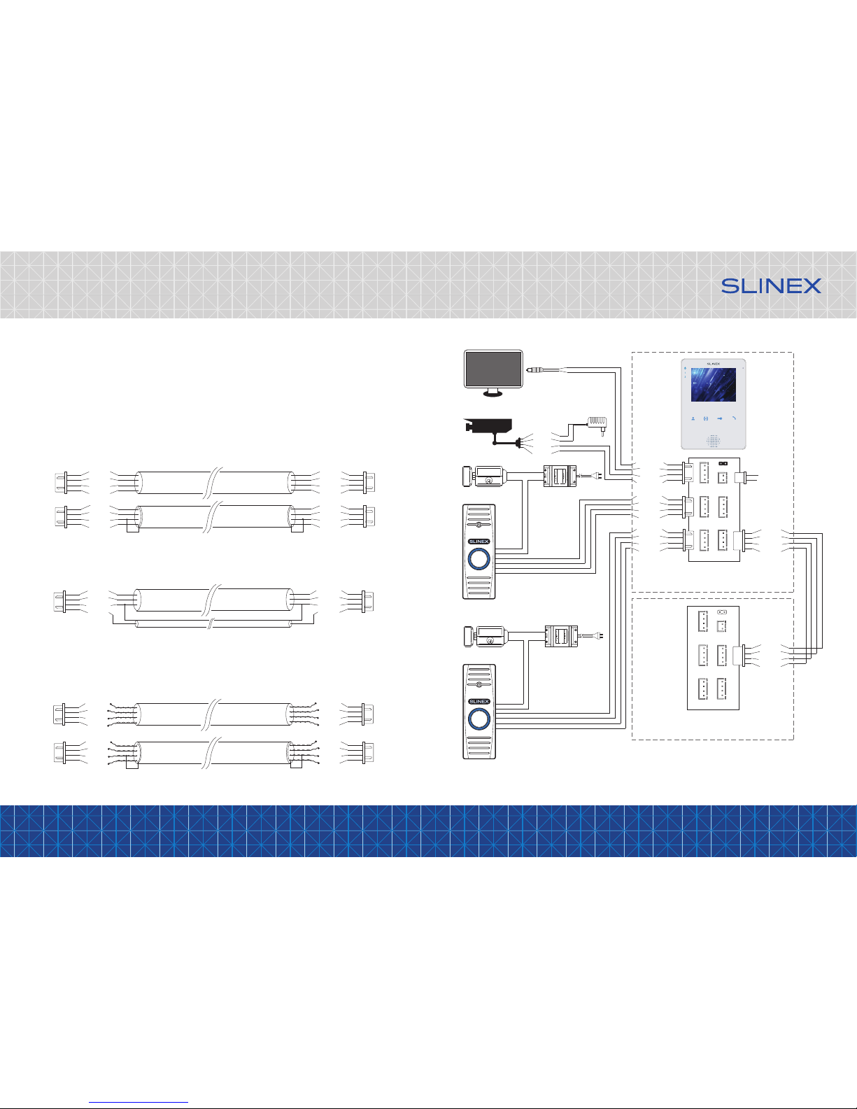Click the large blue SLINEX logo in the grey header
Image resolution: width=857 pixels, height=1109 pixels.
(x=771, y=285)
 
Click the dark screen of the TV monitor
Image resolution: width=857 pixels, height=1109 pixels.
(x=493, y=369)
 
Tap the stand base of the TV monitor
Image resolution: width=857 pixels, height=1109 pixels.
(x=493, y=393)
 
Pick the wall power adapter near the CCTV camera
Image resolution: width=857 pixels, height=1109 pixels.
(x=597, y=423)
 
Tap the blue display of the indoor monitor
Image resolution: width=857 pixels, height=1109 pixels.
(x=713, y=385)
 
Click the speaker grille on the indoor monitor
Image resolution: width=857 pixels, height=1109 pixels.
(x=713, y=440)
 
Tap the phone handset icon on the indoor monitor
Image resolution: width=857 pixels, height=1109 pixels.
(x=734, y=418)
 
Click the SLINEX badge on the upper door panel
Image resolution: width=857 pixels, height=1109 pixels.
(x=479, y=542)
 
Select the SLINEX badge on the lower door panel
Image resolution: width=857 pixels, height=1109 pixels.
(x=479, y=702)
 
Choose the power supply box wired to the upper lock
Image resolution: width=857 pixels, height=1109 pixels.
(x=560, y=476)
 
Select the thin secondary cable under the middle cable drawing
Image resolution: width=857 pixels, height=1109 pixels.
(x=213, y=623)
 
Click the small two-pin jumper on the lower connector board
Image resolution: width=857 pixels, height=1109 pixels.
(x=721, y=612)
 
